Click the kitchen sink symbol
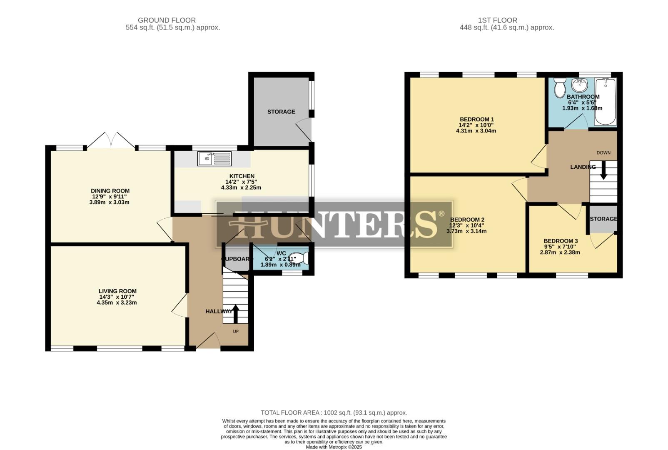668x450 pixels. pyautogui.click(x=214, y=159)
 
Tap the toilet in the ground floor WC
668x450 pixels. pyautogui.click(x=300, y=258)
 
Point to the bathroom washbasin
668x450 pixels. pyautogui.click(x=579, y=85)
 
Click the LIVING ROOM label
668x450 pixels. pyautogui.click(x=117, y=291)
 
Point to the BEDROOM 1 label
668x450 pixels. pyautogui.click(x=476, y=119)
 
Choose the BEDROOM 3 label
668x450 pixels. pyautogui.click(x=561, y=241)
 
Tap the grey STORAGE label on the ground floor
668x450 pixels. pyautogui.click(x=281, y=112)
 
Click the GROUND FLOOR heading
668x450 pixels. pyautogui.click(x=167, y=20)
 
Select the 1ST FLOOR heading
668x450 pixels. pyautogui.click(x=497, y=20)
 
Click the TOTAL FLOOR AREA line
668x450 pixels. pyautogui.click(x=334, y=412)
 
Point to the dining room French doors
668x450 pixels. pyautogui.click(x=111, y=140)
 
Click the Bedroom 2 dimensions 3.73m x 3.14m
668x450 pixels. pyautogui.click(x=466, y=231)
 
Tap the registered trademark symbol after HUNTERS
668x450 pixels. pyautogui.click(x=441, y=214)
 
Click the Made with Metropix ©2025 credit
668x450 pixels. pyautogui.click(x=334, y=447)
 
